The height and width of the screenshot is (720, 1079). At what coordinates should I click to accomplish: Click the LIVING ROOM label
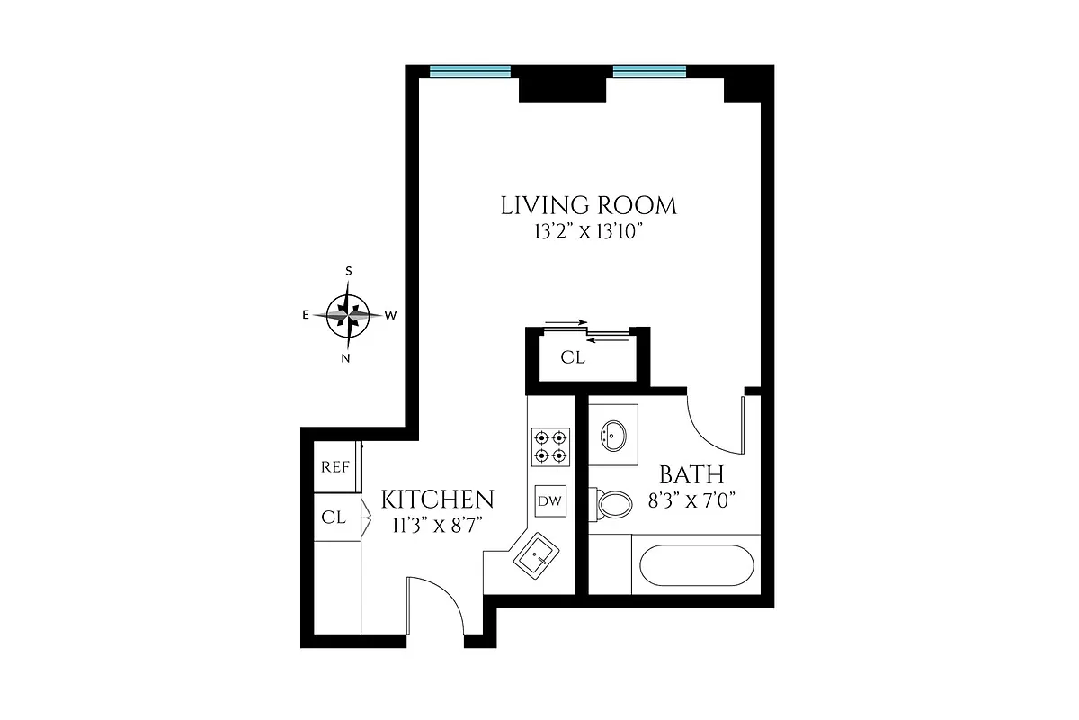point(588,205)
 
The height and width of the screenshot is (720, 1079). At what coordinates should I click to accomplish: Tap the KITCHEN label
point(438,500)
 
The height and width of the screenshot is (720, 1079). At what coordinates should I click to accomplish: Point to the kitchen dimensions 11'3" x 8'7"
point(438,526)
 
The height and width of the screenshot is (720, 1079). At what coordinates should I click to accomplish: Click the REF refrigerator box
point(334,468)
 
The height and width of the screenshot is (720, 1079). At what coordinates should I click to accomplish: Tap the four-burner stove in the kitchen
point(549,446)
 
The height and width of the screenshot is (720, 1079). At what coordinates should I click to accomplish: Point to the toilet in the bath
point(613,504)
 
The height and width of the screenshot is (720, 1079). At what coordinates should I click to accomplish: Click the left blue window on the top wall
point(469,71)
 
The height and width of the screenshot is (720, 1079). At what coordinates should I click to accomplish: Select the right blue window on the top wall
point(649,71)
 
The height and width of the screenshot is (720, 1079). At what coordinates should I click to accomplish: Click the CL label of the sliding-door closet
point(573,357)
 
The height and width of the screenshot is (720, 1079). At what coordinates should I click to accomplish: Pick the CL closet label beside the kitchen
point(334,517)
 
